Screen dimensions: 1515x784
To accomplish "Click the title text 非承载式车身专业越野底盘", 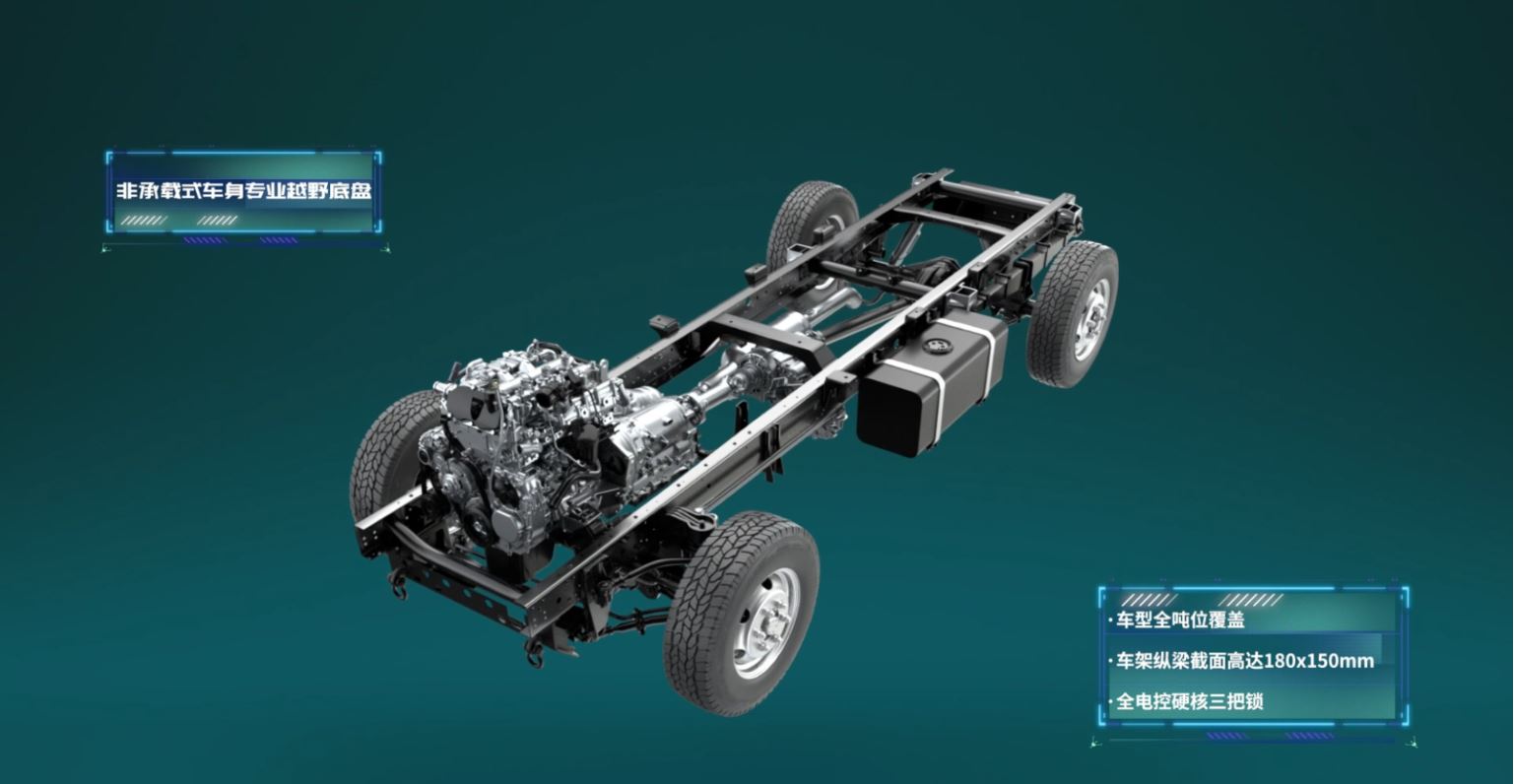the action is point(243,191).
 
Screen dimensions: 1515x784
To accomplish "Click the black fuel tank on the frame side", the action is point(932,387).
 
